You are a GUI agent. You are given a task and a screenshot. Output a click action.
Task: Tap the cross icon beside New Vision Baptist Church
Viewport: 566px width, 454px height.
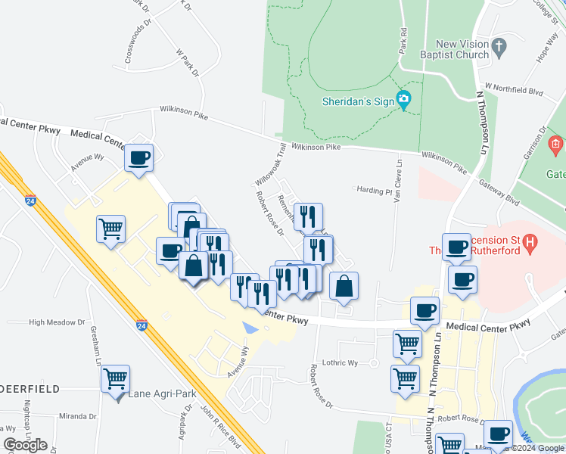click(x=499, y=48)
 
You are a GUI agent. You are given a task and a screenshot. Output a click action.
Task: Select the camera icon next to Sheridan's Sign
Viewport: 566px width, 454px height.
click(x=404, y=98)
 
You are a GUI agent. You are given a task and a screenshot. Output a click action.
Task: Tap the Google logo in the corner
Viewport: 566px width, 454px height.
click(x=24, y=445)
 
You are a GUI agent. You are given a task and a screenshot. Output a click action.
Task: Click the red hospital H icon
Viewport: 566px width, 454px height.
click(x=530, y=244)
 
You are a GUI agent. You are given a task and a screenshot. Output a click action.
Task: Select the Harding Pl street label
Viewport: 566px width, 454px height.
click(x=372, y=191)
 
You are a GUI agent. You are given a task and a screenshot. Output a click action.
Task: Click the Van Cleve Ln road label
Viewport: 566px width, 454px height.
click(x=397, y=180)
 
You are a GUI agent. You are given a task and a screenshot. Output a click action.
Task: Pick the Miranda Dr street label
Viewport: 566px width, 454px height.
click(x=77, y=416)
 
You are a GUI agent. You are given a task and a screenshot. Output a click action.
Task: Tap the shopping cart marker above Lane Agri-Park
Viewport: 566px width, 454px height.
click(x=115, y=378)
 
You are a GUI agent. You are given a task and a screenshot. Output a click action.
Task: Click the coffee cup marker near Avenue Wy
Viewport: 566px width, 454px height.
click(x=139, y=157)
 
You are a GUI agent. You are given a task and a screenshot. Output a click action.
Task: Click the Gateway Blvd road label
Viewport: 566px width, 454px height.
click(x=502, y=199)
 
